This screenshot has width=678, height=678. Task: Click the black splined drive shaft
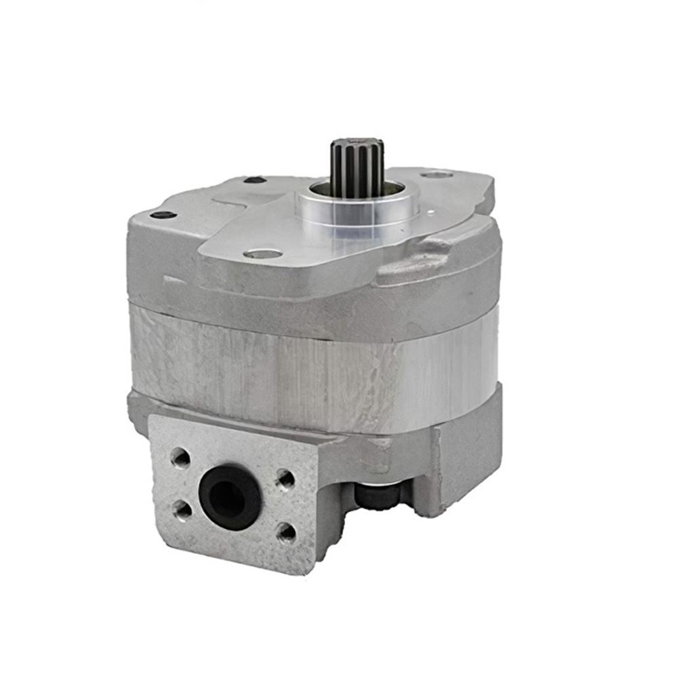357,169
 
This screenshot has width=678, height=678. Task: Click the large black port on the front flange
231,497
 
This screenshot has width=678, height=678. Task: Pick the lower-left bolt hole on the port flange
181,511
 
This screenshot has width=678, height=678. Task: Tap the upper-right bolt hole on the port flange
285,479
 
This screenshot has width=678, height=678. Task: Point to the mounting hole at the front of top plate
263,254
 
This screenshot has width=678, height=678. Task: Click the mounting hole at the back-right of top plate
438,175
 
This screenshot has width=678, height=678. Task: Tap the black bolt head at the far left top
163,215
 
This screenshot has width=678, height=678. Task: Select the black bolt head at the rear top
254,180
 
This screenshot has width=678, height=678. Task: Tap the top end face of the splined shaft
357,144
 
